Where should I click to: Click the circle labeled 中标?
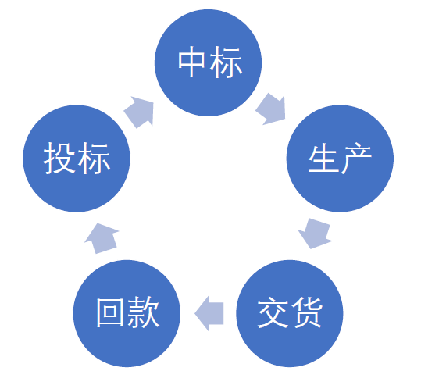tap(208, 62)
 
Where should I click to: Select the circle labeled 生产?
tap(340, 159)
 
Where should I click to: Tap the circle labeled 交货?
tap(290, 313)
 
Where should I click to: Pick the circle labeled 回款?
tap(127, 313)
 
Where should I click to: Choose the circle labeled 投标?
tap(77, 159)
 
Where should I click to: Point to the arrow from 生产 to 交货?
tap(315, 234)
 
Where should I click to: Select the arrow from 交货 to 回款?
tap(209, 313)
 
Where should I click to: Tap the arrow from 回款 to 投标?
tap(102, 238)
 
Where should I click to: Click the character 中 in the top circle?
tap(191, 62)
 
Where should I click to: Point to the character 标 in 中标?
tap(227, 62)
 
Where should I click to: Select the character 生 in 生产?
tap(323, 159)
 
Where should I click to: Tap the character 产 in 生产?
tap(356, 159)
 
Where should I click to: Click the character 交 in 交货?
tap(273, 312)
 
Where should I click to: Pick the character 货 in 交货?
tap(306, 312)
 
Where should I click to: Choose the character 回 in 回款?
tap(110, 312)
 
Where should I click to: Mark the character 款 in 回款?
tap(144, 312)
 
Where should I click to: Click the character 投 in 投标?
tap(59, 158)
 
